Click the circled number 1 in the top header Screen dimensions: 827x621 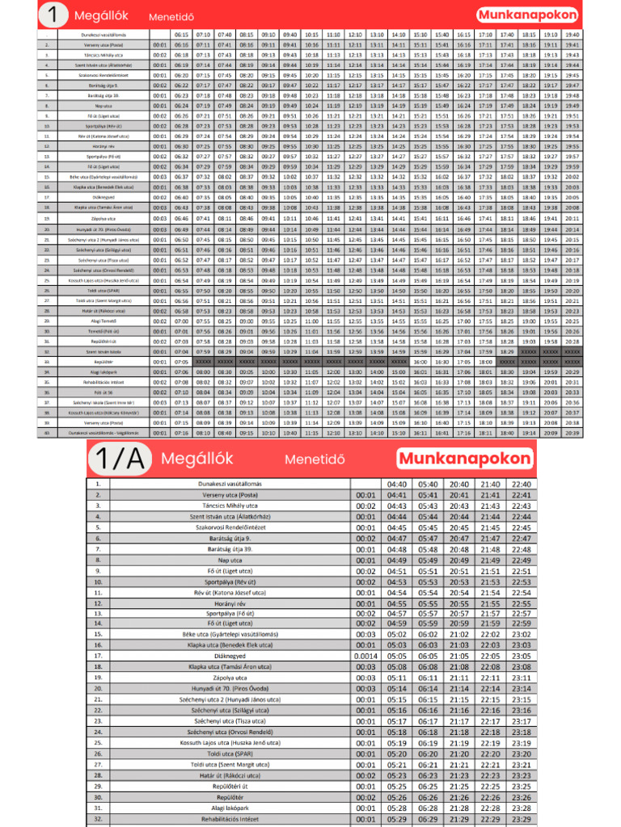(53, 15)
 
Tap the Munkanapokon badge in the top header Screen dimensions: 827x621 (528, 15)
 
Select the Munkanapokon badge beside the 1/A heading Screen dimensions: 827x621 (466, 459)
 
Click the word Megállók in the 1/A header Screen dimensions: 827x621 (197, 459)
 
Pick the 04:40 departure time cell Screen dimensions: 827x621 (396, 485)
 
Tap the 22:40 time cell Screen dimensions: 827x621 (521, 485)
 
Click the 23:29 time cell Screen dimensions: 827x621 (521, 819)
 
